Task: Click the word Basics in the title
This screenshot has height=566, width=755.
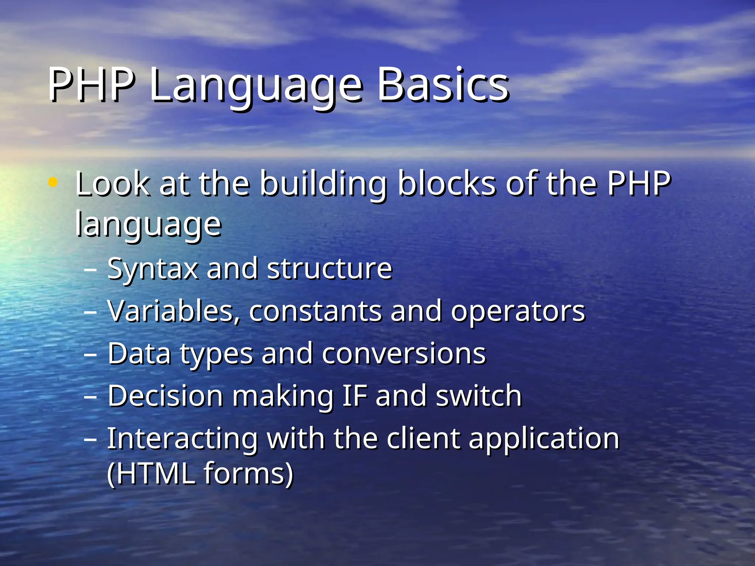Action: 442,85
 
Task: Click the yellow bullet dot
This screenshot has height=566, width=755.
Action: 53,182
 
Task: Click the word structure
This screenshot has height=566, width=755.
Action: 329,269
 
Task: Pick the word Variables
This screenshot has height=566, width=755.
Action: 174,312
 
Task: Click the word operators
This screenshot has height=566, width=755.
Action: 518,312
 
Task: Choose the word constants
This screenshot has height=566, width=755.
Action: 315,312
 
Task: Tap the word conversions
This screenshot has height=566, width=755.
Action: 404,354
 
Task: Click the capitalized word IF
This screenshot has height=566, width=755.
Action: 355,396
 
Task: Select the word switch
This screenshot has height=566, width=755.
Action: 479,396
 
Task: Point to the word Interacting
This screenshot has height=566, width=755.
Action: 182,439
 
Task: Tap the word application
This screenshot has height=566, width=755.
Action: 544,440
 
